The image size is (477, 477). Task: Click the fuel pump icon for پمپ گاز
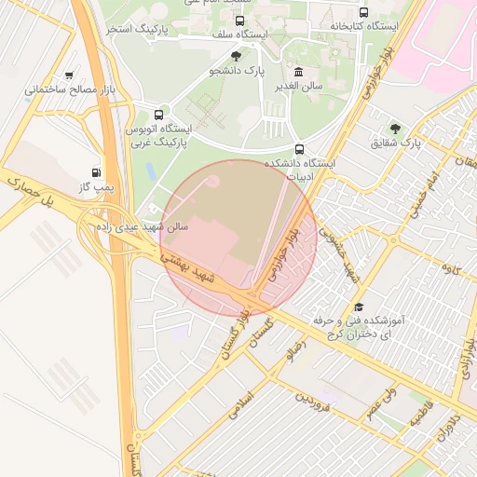96,172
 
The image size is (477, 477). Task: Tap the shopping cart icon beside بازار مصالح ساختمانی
70,75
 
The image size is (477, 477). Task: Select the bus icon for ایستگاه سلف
240,20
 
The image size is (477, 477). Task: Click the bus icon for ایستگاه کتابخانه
362,13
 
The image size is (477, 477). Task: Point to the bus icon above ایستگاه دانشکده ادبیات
299,148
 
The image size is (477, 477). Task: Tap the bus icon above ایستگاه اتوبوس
158,113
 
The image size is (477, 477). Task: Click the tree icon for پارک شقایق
397,129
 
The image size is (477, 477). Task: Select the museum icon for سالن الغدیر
298,73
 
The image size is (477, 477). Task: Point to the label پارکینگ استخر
138,30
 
